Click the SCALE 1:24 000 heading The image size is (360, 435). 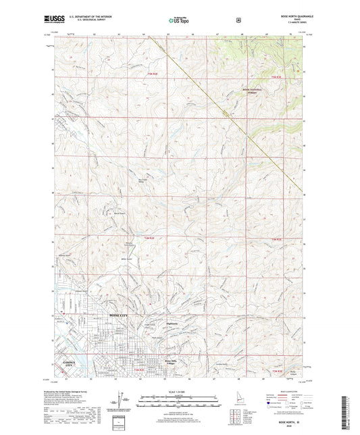pyautogui.click(x=178, y=391)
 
